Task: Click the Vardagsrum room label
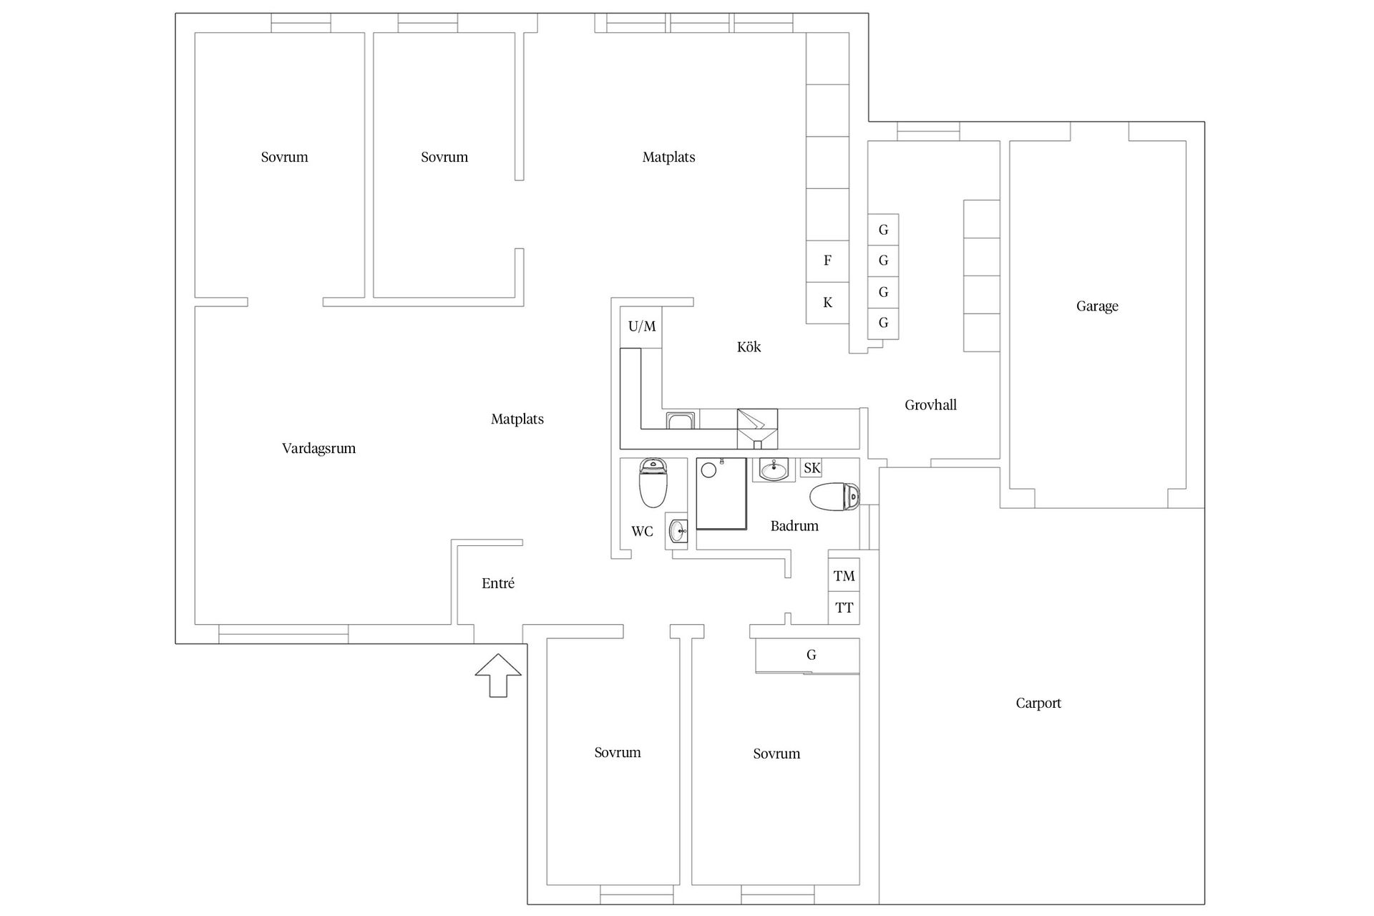[x=318, y=449]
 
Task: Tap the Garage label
[x=1097, y=306]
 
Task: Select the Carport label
[x=1038, y=703]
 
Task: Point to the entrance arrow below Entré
[x=498, y=675]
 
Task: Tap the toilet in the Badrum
[x=834, y=496]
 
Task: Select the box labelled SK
[x=812, y=468]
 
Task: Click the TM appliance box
[x=844, y=575]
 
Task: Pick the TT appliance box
[x=844, y=608]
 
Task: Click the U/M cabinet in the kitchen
[x=641, y=327]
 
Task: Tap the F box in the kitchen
[x=827, y=260]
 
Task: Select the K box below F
[x=827, y=303]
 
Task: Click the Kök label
[x=749, y=347]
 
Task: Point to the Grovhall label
[x=930, y=405]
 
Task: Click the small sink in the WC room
[x=677, y=531]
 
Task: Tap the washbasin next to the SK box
[x=774, y=470]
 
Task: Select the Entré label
[x=498, y=583]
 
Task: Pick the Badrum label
[x=794, y=526]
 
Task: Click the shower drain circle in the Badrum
[x=709, y=470]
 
